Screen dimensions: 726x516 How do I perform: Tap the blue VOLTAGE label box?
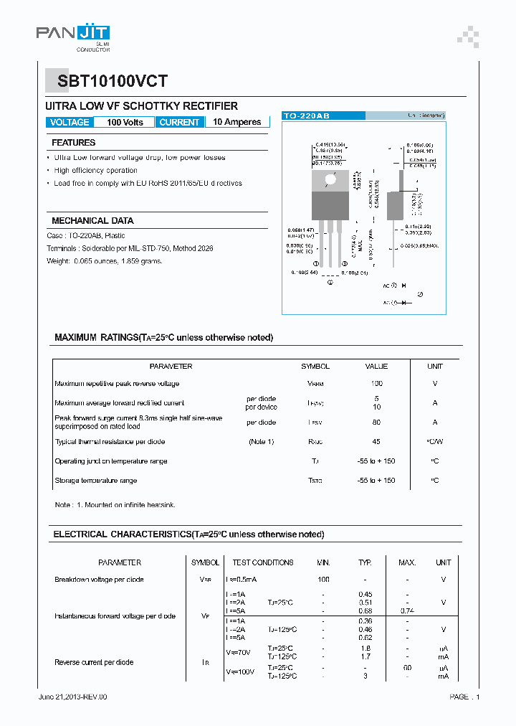coord(70,122)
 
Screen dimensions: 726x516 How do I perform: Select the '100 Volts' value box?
coord(125,122)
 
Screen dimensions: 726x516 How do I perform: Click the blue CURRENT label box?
coord(179,122)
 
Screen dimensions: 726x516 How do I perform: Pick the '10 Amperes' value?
coord(237,122)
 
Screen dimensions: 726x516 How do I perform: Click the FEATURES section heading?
coord(73,143)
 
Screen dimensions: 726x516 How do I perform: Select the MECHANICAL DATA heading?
coord(92,221)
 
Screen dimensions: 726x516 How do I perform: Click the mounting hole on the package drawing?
coord(330,179)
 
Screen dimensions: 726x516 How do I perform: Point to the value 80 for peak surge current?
coord(376,423)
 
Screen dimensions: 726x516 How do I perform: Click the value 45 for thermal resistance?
coord(376,442)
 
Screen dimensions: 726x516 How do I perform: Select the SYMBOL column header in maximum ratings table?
coord(315,367)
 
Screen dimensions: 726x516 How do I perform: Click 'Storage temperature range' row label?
coord(96,481)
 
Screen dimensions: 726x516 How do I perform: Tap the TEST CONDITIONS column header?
coord(263,562)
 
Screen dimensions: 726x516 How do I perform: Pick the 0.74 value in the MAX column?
coord(407,610)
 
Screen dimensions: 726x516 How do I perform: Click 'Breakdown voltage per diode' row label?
coord(99,580)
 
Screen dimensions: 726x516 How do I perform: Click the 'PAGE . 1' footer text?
coord(464,697)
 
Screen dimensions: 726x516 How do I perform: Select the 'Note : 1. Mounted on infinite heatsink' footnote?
coord(115,505)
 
